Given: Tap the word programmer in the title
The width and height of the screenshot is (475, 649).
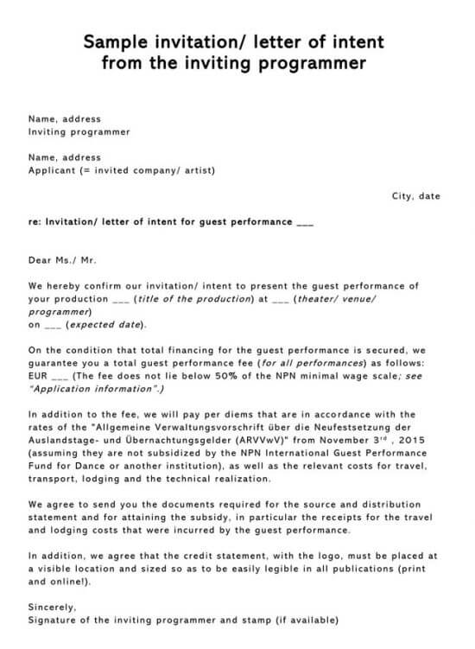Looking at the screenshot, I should tap(316, 63).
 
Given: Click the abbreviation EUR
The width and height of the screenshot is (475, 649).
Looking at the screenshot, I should tap(38, 376).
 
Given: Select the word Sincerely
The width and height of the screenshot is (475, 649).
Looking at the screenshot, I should tap(52, 608).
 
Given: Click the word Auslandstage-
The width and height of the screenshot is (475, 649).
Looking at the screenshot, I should tap(65, 440).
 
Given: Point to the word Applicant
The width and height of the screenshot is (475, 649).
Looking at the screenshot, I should tap(51, 170).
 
